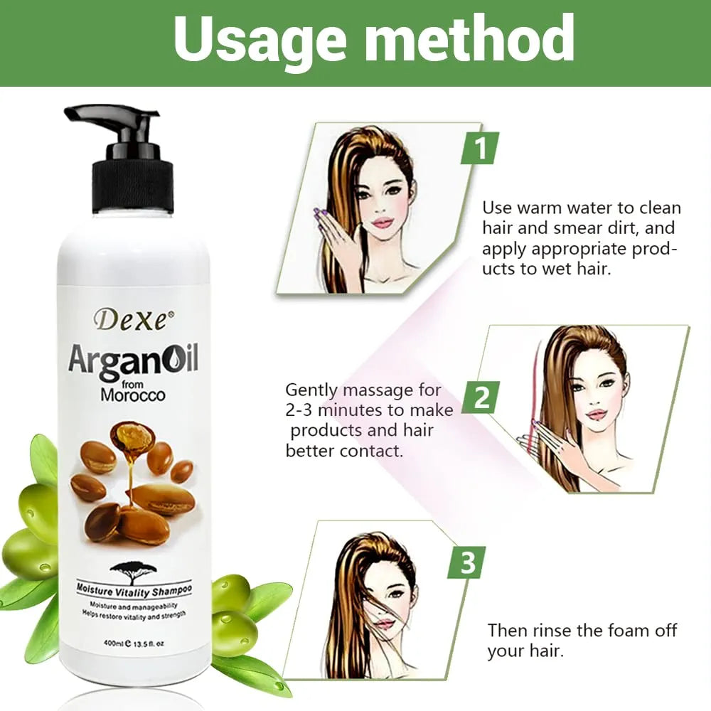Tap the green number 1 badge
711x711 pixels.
(x=479, y=148)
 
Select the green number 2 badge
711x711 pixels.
(x=481, y=397)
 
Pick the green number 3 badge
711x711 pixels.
(x=466, y=562)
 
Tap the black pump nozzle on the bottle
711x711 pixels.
(x=112, y=119)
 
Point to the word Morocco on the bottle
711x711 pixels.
(x=133, y=395)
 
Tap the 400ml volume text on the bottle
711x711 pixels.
(x=111, y=643)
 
